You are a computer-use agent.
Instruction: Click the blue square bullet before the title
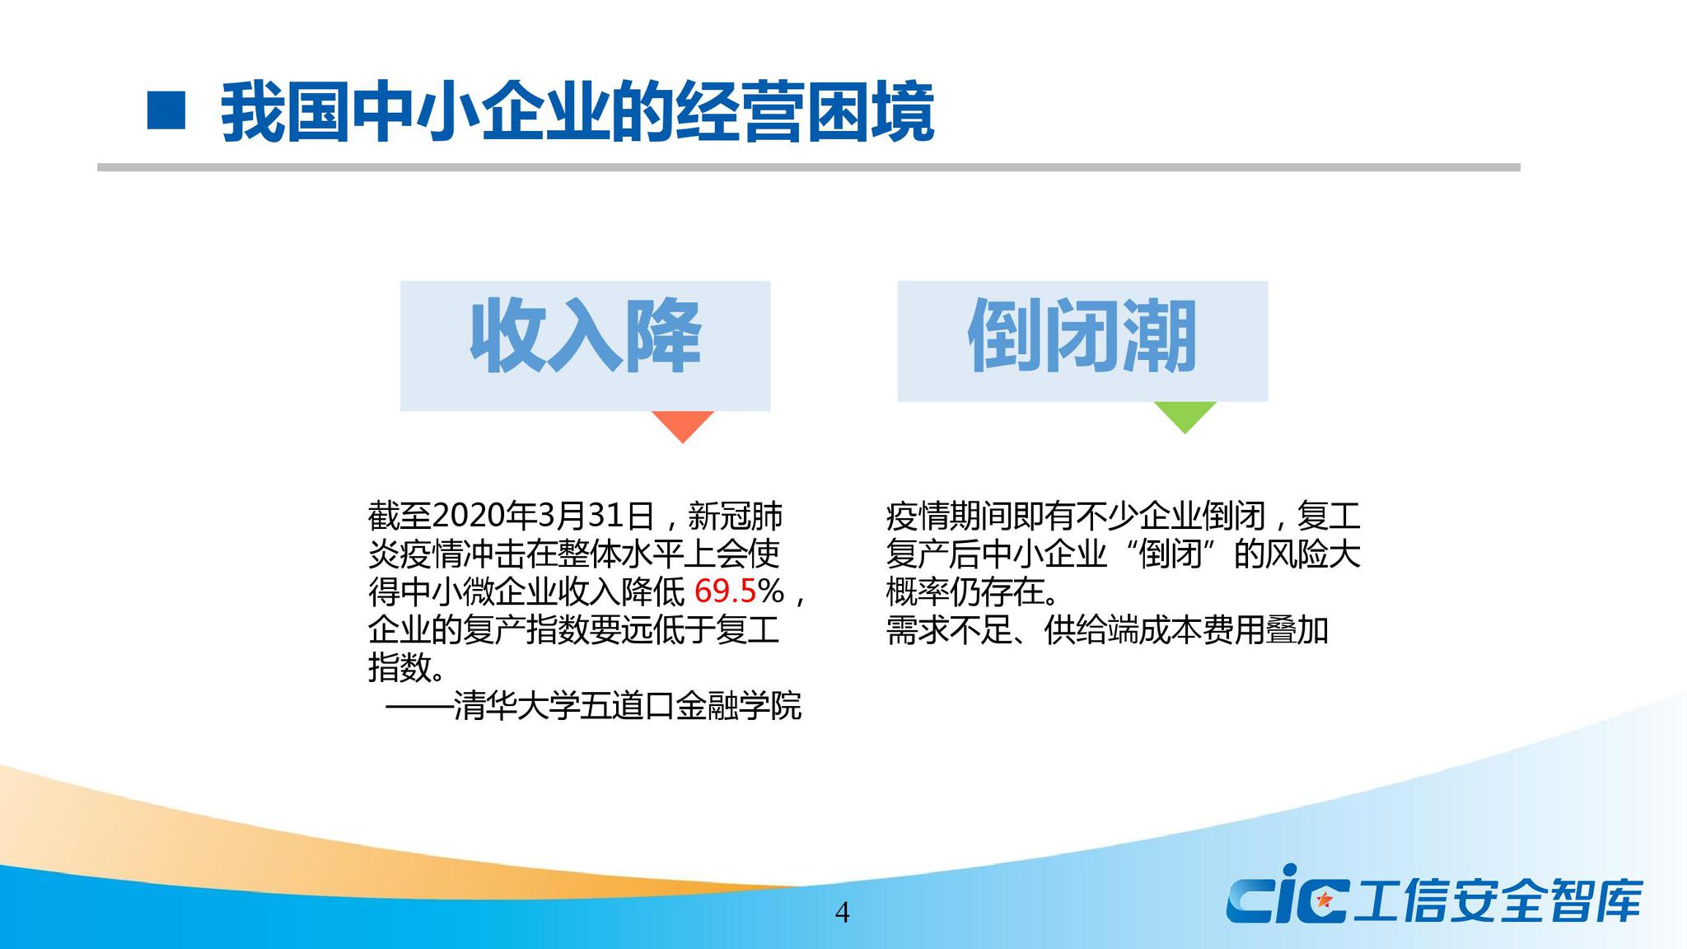click(166, 110)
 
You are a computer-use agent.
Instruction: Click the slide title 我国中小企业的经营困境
click(577, 112)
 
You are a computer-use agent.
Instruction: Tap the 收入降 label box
click(585, 345)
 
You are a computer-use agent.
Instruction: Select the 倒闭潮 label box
click(1082, 341)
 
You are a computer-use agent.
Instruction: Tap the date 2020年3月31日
click(543, 517)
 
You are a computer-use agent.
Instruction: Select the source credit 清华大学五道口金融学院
click(627, 707)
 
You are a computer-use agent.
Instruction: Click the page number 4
click(842, 913)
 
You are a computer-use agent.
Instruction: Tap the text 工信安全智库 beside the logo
click(1498, 900)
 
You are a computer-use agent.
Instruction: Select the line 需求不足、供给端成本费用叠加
click(1107, 630)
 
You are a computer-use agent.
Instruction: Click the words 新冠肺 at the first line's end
click(735, 517)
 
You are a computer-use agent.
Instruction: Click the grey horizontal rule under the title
click(808, 167)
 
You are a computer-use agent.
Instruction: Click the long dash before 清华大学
click(418, 707)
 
